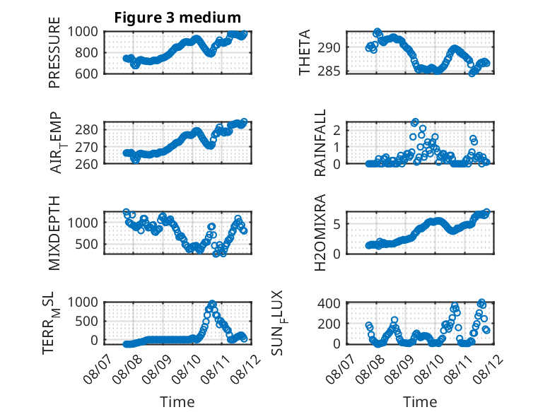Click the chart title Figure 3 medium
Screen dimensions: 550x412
177,17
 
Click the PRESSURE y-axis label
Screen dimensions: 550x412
54,52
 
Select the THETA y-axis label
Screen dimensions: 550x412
305,52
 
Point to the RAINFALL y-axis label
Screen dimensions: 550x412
320,143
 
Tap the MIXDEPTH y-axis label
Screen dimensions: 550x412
54,233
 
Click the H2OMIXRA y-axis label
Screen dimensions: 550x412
320,233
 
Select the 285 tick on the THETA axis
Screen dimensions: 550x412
329,71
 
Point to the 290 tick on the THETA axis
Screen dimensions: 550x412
329,47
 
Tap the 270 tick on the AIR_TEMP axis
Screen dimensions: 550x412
86,147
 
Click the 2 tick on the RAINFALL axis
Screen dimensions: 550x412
337,131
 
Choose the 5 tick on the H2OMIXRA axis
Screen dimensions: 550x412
337,224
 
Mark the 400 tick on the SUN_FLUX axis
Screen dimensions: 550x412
329,303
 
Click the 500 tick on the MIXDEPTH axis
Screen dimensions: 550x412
86,244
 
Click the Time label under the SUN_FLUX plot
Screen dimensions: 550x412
420,402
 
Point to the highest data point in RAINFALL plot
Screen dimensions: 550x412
415,122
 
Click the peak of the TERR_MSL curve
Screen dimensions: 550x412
212,303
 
